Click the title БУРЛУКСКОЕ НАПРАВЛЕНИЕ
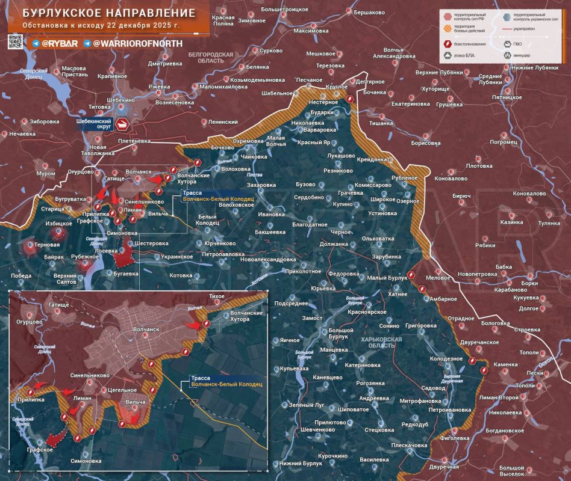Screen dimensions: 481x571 (x=105, y=13)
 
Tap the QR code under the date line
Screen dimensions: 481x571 (x=16, y=41)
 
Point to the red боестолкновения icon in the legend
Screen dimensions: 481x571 (x=448, y=44)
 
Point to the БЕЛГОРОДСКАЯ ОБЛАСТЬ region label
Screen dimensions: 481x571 (x=210, y=58)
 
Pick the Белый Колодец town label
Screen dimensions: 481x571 (x=208, y=219)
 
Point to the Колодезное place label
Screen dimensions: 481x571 (x=446, y=358)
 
